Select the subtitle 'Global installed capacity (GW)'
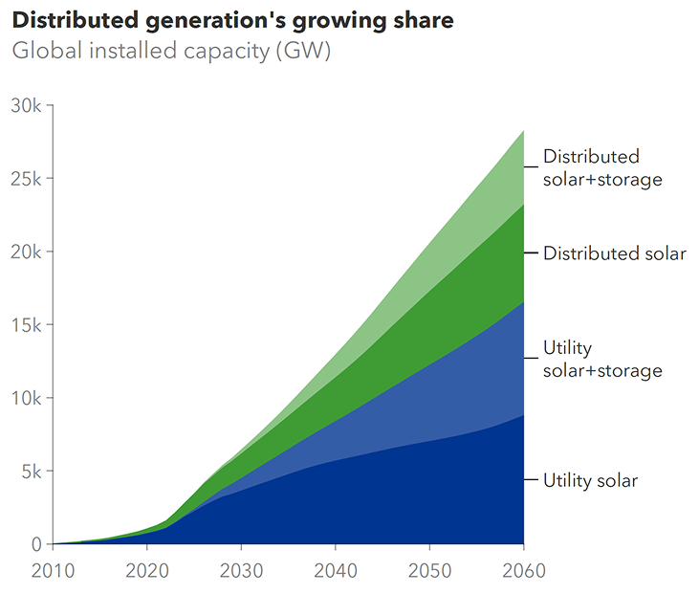[x=171, y=51]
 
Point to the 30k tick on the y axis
[x=25, y=105]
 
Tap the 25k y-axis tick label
[x=25, y=179]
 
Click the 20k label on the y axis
[x=25, y=252]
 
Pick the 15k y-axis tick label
[x=25, y=325]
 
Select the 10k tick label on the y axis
[x=25, y=398]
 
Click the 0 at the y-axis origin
[x=36, y=544]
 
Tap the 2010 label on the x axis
[x=54, y=571]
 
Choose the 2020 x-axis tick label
[x=147, y=571]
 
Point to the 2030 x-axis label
[x=242, y=571]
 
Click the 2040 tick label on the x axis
[x=336, y=571]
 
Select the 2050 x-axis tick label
[x=429, y=571]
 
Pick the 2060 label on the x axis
[x=523, y=571]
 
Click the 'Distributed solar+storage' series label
[x=602, y=167]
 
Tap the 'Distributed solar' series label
[x=615, y=253]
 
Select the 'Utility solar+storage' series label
[x=602, y=359]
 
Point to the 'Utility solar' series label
[x=590, y=480]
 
